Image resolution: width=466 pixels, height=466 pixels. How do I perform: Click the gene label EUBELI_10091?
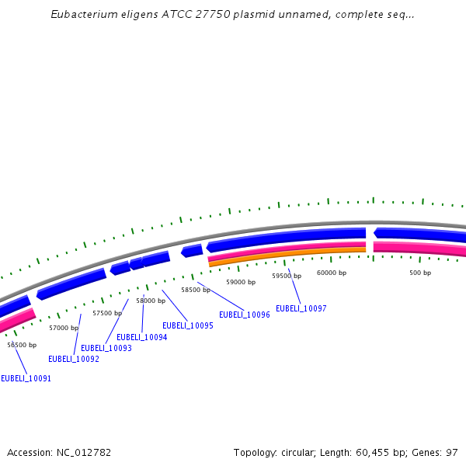click(26, 378)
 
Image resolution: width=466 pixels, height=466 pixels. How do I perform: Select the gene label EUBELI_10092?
click(74, 359)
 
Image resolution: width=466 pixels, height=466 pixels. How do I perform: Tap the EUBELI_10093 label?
click(106, 348)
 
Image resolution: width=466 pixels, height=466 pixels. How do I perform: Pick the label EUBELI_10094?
click(142, 337)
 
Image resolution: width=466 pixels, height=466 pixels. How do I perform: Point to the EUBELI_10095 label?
click(188, 325)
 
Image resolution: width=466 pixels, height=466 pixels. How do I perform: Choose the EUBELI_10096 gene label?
click(245, 315)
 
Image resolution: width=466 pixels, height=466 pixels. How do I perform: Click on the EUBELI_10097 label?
click(301, 308)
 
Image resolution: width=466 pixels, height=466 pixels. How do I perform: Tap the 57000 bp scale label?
click(64, 328)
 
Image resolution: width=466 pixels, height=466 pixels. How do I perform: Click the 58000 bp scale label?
click(151, 301)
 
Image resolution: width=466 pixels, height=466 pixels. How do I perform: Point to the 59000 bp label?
click(241, 282)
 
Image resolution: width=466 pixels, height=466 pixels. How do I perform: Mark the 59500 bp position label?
click(287, 276)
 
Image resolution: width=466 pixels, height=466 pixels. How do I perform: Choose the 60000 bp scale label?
click(332, 273)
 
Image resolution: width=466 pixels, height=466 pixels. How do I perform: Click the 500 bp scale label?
click(420, 273)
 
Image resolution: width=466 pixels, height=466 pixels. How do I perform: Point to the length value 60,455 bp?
click(374, 452)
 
